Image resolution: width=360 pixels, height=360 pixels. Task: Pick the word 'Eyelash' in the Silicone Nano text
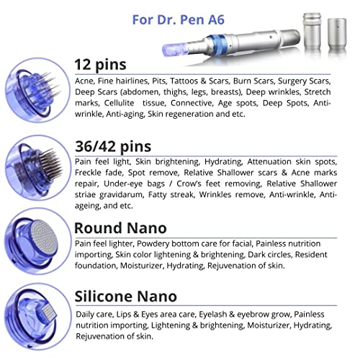pyautogui.click(x=192, y=314)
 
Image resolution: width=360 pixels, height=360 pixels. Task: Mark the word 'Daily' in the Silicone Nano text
pyautogui.click(x=86, y=314)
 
